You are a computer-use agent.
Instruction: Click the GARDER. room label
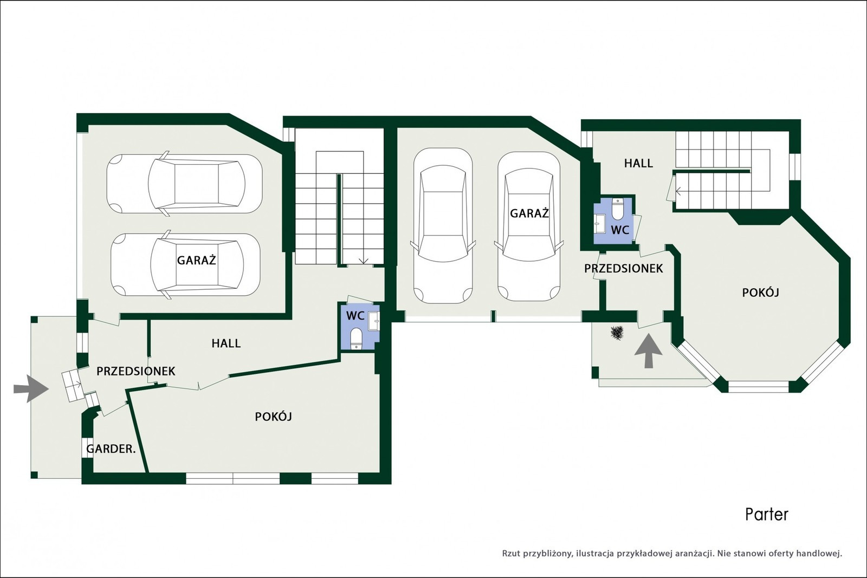[111, 449]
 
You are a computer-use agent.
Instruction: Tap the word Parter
[767, 515]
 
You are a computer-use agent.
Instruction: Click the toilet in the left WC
[355, 339]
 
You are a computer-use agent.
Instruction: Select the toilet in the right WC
[617, 209]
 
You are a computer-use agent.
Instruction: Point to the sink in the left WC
[374, 321]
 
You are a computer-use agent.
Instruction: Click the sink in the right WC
[600, 224]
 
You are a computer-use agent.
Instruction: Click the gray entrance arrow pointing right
[31, 388]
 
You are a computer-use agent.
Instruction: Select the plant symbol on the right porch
[617, 333]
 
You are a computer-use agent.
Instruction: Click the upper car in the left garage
[185, 184]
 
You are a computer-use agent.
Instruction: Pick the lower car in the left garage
[186, 265]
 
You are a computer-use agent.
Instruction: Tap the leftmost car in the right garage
[443, 225]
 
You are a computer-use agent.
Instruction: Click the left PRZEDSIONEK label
[136, 372]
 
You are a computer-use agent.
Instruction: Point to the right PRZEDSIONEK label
[624, 269]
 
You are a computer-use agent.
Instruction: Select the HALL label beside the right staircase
[639, 163]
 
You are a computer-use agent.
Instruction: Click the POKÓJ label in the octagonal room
[761, 293]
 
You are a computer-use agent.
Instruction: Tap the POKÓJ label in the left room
[273, 417]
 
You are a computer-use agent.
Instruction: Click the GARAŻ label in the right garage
[529, 213]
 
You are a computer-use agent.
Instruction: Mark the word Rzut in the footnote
[512, 554]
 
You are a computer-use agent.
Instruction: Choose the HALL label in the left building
[226, 343]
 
